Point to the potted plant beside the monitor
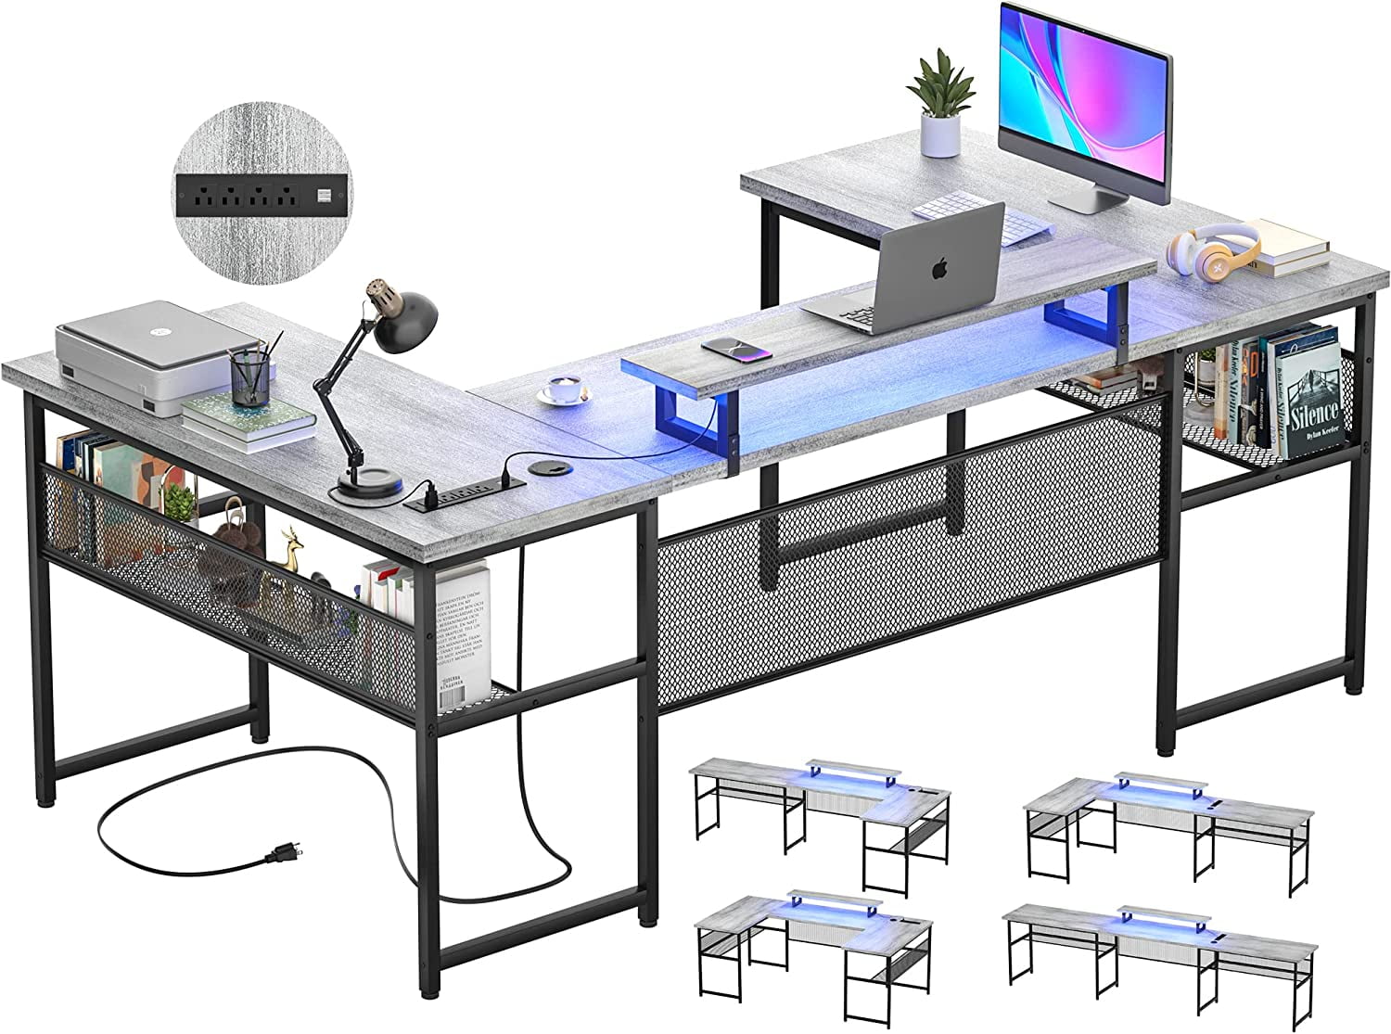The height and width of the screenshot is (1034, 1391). tap(938, 101)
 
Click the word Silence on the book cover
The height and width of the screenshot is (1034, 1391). tap(1315, 413)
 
